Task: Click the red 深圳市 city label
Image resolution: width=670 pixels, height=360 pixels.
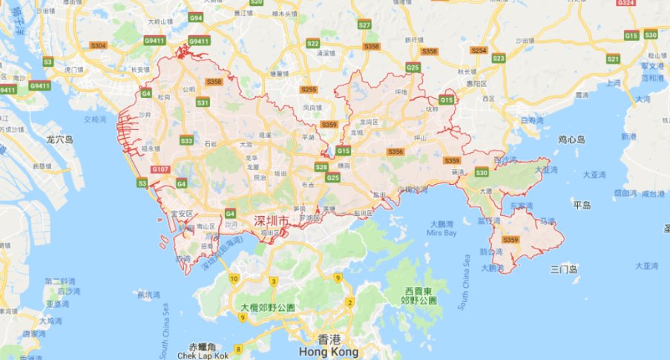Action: click(271, 221)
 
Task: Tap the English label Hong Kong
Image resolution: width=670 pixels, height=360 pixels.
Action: click(326, 352)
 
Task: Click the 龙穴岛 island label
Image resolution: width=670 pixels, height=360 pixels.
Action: click(60, 139)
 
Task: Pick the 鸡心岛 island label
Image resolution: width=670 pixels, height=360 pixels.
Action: click(572, 139)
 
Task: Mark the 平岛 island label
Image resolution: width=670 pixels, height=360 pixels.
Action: click(581, 204)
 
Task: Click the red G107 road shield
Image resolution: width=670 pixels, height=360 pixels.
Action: click(160, 170)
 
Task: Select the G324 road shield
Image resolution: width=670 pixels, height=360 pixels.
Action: click(626, 3)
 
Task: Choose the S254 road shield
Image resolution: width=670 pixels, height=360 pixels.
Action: click(479, 50)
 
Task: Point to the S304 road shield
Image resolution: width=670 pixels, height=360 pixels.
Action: click(98, 45)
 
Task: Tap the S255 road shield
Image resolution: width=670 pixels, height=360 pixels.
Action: click(309, 89)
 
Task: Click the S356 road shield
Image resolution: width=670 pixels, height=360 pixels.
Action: click(395, 151)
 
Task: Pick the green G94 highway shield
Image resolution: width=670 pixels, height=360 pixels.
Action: click(196, 17)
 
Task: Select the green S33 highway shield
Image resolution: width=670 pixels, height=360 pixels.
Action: click(186, 140)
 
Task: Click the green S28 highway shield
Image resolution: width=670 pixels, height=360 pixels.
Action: click(321, 167)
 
